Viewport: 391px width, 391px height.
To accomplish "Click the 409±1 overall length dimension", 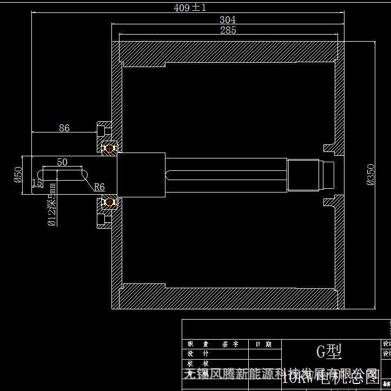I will [x=190, y=8].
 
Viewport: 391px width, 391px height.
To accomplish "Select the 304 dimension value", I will [x=227, y=19].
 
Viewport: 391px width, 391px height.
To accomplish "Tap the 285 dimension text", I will [x=228, y=30].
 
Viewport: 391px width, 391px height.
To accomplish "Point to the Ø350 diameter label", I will [x=370, y=175].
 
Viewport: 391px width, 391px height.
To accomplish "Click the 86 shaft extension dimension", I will [x=64, y=128].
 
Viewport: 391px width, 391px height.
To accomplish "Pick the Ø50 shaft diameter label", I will [x=18, y=175].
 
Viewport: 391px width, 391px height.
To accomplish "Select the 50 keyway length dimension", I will [x=62, y=162].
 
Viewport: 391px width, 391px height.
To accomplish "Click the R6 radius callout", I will [x=99, y=187].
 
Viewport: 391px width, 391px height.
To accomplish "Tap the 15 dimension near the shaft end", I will [x=36, y=183].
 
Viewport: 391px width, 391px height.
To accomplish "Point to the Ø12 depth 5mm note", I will [x=52, y=204].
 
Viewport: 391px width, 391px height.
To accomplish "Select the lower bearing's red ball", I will [x=109, y=202].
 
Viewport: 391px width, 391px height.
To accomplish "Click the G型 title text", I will [x=329, y=352].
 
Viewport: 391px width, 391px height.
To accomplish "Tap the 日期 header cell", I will [x=264, y=344].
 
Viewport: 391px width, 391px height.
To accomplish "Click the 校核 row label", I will [x=194, y=363].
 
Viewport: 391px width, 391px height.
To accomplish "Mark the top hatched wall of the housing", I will [x=227, y=53].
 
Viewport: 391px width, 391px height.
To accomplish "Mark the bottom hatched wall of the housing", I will [x=227, y=296].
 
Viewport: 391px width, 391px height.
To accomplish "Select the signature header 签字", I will [x=230, y=344].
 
